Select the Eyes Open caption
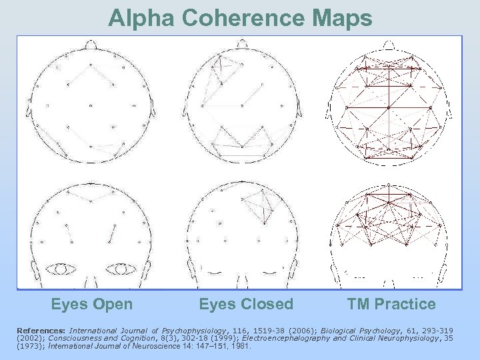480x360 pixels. click(92, 305)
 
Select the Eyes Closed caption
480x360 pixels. click(246, 305)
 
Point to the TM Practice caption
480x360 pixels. click(391, 305)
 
